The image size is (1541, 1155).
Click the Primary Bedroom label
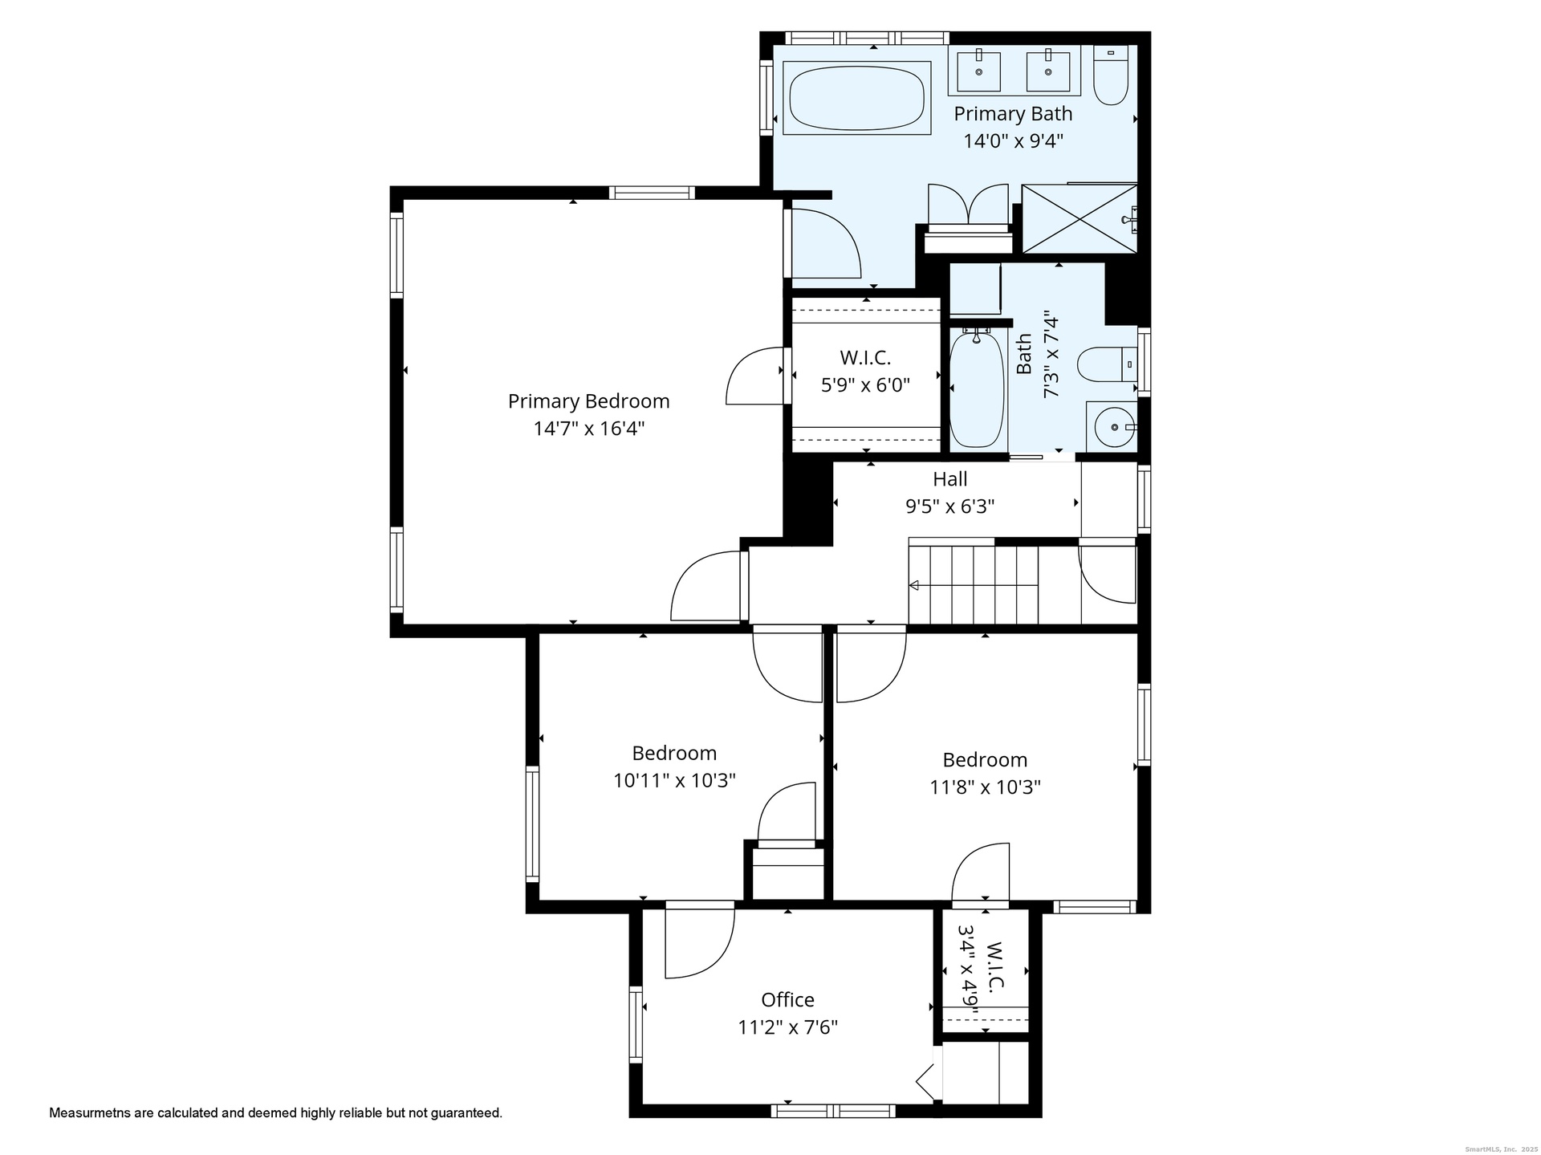point(588,401)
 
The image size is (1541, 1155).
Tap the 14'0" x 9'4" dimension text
point(1013,141)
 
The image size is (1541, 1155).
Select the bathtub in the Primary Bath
point(856,98)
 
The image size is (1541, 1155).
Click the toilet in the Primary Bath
point(1112,75)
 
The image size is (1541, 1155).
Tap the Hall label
point(949,479)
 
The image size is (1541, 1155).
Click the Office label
point(787,999)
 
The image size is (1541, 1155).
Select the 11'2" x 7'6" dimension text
point(787,1027)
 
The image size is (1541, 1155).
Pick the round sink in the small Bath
point(1115,427)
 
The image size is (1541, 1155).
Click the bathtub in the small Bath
point(977,389)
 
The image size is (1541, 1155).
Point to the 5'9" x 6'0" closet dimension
point(865,385)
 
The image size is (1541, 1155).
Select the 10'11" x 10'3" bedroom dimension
point(674,780)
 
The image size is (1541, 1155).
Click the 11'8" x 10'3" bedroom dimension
point(985,787)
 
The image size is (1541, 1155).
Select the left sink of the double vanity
point(979,71)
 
